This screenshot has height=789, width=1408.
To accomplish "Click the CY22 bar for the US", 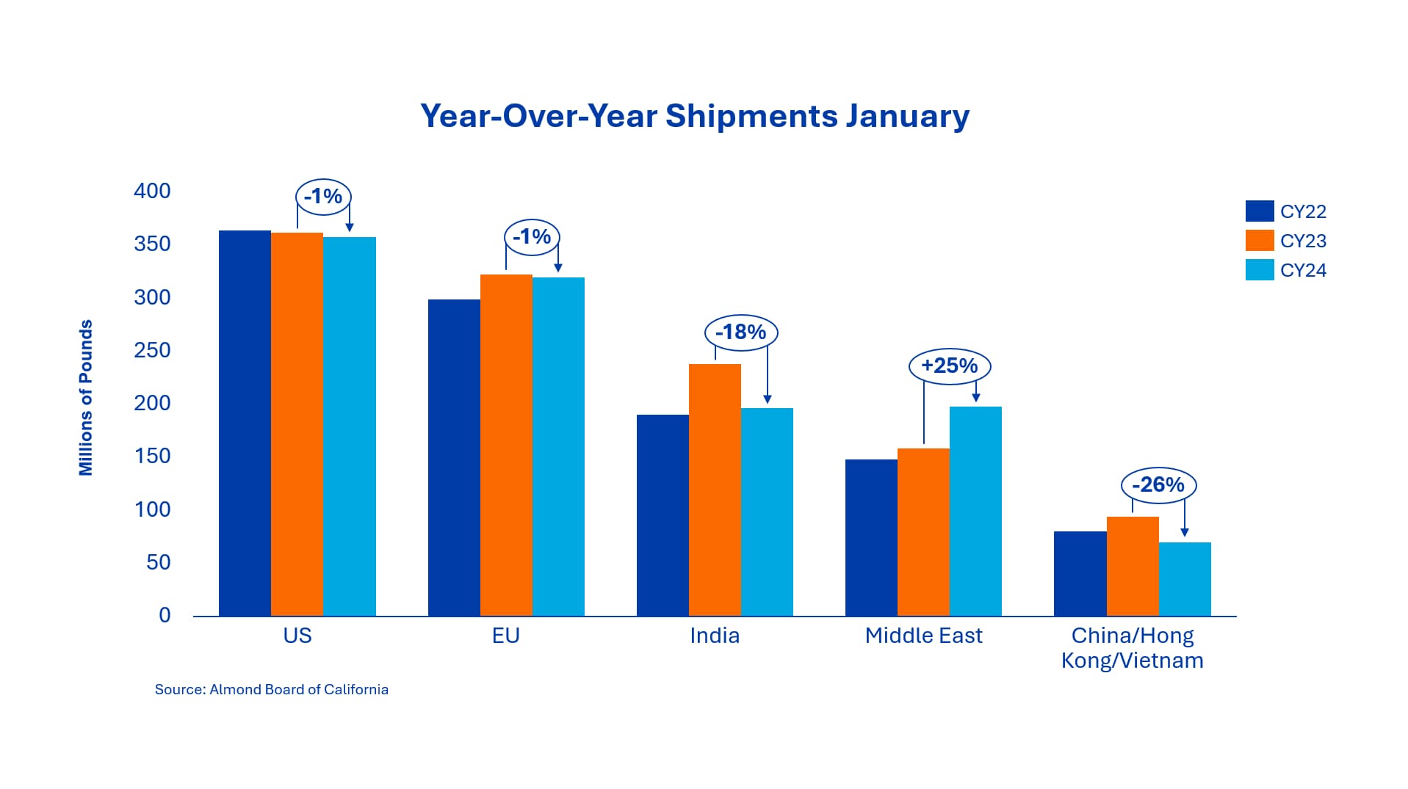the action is point(245,423).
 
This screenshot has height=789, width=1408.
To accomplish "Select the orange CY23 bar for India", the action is point(715,490).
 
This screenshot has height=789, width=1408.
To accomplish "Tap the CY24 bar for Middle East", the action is point(975,511).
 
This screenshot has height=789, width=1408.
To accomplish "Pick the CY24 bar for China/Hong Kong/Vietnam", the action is point(1185,579).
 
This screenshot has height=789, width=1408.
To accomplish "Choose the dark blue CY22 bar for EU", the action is point(454,457).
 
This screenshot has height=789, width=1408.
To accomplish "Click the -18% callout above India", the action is point(741,332).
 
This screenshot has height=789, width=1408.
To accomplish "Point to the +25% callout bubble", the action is point(950,366).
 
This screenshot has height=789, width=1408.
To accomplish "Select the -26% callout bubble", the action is point(1158,484).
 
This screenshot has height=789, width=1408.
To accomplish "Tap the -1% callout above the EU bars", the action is point(532,236).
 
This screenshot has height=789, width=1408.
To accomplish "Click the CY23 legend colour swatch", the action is point(1260,241).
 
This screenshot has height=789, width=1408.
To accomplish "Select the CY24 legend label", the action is point(1303,270).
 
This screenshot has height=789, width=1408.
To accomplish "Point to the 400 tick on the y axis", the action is point(152,191).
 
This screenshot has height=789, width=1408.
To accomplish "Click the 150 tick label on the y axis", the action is point(152,456).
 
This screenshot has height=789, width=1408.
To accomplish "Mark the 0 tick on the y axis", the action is point(165,615).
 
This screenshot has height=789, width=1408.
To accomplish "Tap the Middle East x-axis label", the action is point(923,635).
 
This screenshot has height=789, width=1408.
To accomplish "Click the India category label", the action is point(715,635).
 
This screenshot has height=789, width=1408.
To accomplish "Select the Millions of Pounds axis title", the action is point(86,398).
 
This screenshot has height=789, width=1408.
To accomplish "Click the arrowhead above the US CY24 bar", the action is point(350,228).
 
